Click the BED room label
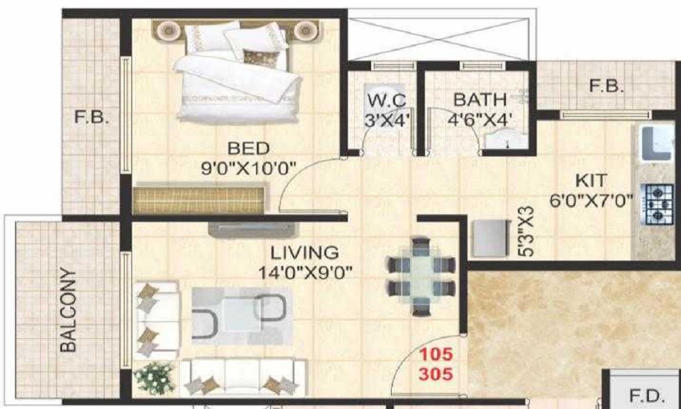coord(249,148)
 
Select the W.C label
coord(387,100)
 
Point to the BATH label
coord(480,100)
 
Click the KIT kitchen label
coord(590,182)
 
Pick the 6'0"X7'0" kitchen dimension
coord(591,200)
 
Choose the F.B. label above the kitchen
coord(607,87)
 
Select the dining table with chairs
coord(420,275)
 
